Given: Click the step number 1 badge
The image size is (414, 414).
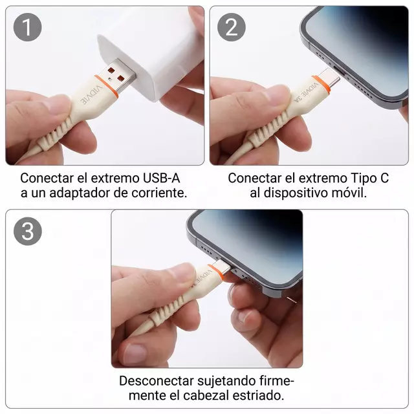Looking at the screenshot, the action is click(x=27, y=27).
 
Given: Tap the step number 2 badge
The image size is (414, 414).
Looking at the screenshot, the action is click(x=232, y=27).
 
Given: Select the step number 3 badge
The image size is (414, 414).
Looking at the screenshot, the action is click(x=27, y=232).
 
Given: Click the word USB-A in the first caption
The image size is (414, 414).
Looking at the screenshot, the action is click(x=161, y=179).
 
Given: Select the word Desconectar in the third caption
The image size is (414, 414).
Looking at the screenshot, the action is click(x=157, y=381).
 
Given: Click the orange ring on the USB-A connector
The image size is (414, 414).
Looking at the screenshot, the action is click(x=106, y=86).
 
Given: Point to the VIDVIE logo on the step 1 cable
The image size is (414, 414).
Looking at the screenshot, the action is click(x=91, y=95).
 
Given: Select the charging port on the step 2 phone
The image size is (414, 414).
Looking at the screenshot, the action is click(x=341, y=72).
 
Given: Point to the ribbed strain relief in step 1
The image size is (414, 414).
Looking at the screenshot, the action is click(x=54, y=135).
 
